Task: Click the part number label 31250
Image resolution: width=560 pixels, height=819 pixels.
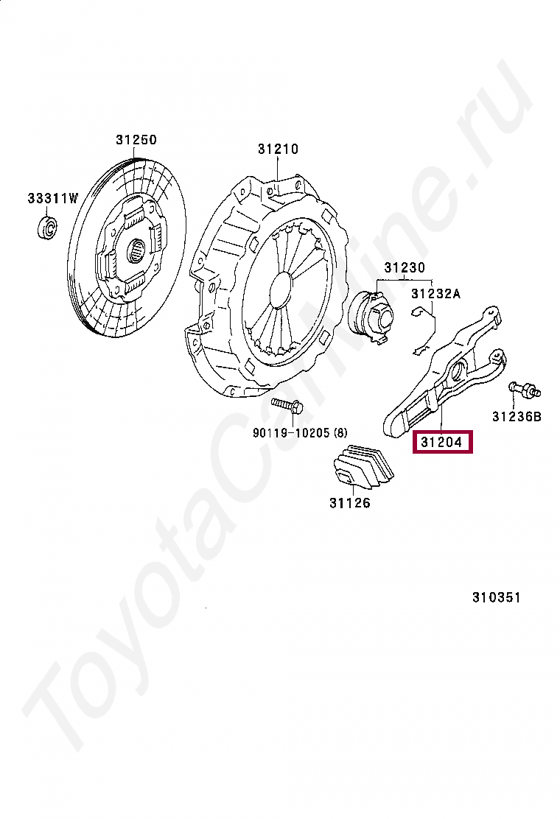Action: click(x=136, y=140)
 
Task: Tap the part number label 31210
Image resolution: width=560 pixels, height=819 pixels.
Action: click(x=278, y=149)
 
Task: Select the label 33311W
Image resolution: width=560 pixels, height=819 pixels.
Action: click(x=52, y=198)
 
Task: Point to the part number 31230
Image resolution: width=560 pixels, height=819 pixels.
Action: click(x=402, y=268)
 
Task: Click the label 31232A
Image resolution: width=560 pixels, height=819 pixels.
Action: click(x=435, y=294)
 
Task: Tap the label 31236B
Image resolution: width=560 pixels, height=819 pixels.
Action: click(x=517, y=417)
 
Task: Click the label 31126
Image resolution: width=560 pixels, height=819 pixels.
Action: click(x=350, y=504)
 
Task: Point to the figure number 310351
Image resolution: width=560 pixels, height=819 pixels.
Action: click(x=496, y=597)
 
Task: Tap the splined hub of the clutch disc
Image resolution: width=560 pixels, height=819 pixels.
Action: click(x=137, y=250)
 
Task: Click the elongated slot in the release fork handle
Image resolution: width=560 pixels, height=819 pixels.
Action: click(x=421, y=409)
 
